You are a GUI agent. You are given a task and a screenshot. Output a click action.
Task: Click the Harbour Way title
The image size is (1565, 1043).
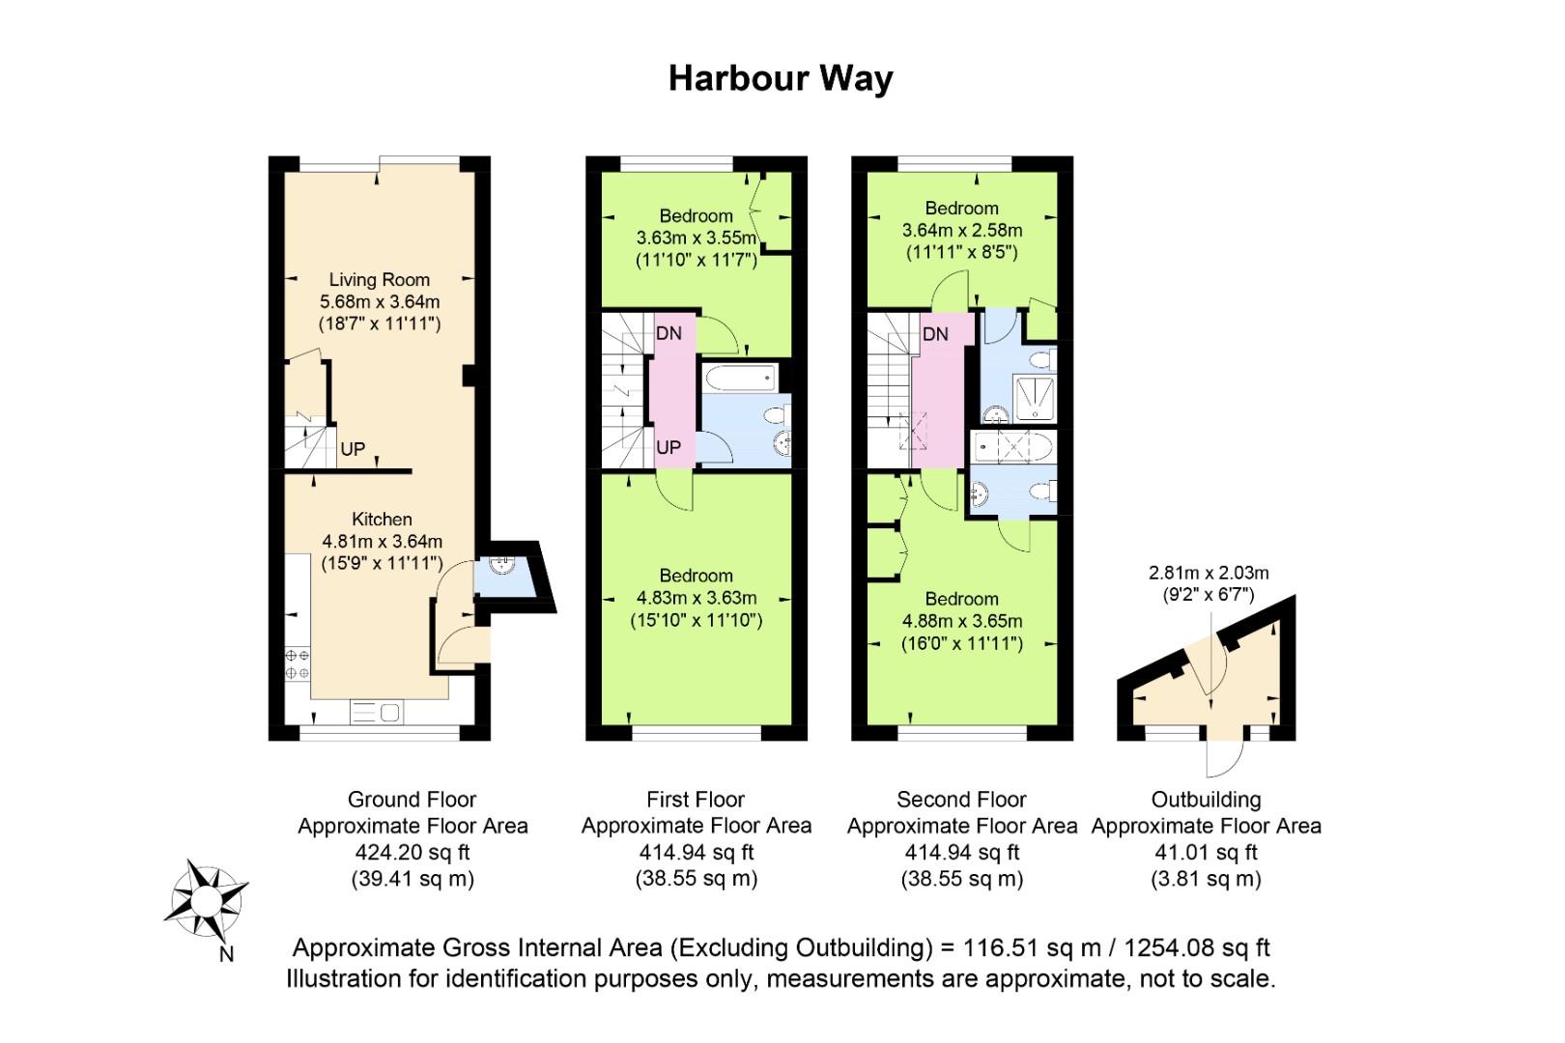[781, 79]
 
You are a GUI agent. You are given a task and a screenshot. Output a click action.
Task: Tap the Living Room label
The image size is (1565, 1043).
[380, 279]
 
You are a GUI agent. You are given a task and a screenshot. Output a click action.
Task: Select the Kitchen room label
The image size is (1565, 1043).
[382, 519]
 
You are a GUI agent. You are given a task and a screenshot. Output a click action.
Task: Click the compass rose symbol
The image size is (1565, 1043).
[207, 901]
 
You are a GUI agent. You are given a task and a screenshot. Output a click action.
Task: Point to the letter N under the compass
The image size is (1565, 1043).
[226, 954]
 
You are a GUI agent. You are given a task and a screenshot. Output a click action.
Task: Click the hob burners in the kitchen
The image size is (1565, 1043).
[298, 664]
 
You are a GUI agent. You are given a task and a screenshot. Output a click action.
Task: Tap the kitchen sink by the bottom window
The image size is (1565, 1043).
[376, 713]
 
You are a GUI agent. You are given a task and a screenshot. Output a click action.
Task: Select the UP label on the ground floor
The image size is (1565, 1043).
[353, 449]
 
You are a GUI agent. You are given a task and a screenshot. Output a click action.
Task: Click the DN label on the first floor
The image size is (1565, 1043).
[669, 333]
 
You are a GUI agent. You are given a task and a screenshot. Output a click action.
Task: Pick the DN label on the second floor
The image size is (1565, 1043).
[935, 334]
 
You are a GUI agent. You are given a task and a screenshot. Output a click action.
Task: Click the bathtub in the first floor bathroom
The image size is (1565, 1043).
[741, 379]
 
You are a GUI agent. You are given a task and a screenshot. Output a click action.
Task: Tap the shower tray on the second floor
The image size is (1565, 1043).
[1035, 398]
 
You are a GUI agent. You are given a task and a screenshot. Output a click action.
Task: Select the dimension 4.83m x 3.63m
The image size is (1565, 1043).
[696, 598]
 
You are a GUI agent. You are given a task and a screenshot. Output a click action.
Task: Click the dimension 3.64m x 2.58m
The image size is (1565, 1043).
[962, 231]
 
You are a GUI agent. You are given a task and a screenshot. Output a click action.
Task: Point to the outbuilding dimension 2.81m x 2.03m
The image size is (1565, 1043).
[1209, 573]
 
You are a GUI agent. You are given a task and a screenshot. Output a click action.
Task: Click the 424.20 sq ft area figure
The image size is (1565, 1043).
[413, 853]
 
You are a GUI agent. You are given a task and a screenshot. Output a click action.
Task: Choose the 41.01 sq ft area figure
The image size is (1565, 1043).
[1206, 853]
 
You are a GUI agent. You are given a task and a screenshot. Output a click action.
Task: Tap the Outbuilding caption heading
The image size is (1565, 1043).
[1206, 800]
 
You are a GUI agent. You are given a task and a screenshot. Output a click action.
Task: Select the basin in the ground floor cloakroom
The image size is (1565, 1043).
[501, 564]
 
